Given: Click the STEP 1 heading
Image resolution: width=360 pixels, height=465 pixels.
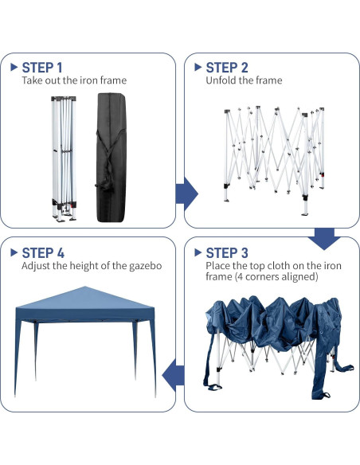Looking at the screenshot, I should point(42,68).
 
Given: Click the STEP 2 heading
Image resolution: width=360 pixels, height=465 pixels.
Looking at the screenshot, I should point(226,68).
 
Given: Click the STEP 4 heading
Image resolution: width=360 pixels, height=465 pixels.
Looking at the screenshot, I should point(44,252).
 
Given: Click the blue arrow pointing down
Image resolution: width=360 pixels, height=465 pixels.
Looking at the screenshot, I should point(324,236).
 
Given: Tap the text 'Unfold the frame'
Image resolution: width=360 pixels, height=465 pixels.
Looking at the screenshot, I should point(244,81).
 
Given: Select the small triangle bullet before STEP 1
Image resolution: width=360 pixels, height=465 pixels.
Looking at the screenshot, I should point(14,68).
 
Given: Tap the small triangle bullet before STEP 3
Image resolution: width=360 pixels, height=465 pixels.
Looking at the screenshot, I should point(198,252).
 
